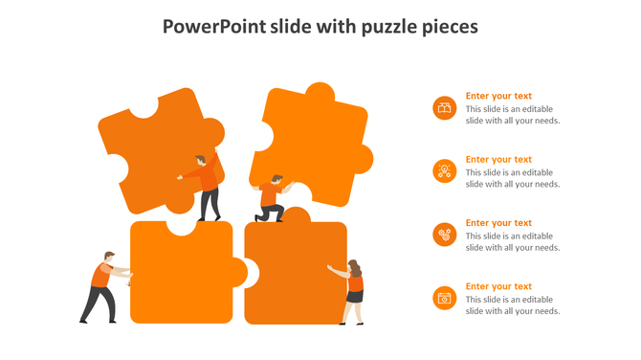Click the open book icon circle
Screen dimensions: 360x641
[x=444, y=108]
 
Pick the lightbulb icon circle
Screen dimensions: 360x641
[x=444, y=171]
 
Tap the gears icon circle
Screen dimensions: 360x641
[x=444, y=235]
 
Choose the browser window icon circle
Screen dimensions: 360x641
[x=444, y=298]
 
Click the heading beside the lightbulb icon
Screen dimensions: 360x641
[x=498, y=160]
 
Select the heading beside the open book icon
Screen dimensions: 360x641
[x=498, y=96]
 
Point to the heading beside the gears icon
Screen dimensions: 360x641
[x=498, y=223]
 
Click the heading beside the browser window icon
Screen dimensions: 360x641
[x=498, y=286]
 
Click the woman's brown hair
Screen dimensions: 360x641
[x=354, y=266]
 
